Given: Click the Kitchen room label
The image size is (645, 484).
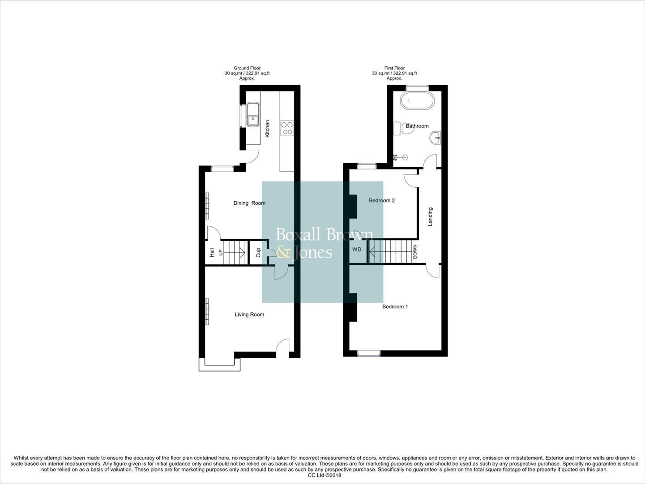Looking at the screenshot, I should (x=268, y=128).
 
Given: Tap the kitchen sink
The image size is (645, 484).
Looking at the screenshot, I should (x=253, y=115).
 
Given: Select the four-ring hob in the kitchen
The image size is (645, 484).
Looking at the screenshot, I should (x=287, y=129).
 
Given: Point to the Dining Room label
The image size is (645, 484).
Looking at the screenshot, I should (x=249, y=203).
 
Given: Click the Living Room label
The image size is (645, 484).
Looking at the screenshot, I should (x=249, y=315).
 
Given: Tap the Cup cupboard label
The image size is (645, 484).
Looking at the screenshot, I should (x=258, y=253).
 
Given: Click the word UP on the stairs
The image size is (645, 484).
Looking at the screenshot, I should (x=221, y=253).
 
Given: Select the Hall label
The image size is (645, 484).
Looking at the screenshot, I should (x=212, y=253).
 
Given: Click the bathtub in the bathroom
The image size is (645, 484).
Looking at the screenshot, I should (x=417, y=101).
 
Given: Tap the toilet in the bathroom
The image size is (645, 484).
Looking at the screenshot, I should (x=398, y=128).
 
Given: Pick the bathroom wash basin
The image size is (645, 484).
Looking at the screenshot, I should (x=435, y=137).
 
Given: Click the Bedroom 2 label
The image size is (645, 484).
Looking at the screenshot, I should (x=382, y=200).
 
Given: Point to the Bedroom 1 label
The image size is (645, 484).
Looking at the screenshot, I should (x=395, y=307).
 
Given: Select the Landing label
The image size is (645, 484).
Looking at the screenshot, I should (x=431, y=216).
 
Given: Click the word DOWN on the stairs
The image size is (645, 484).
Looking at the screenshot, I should (x=415, y=252).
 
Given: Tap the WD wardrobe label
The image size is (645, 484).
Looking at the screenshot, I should (x=357, y=250).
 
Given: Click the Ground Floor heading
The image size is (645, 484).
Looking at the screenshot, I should (x=247, y=68).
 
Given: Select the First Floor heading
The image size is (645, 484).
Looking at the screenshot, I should (x=394, y=68).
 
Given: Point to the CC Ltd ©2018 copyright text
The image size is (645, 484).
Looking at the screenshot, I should (x=325, y=475).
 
